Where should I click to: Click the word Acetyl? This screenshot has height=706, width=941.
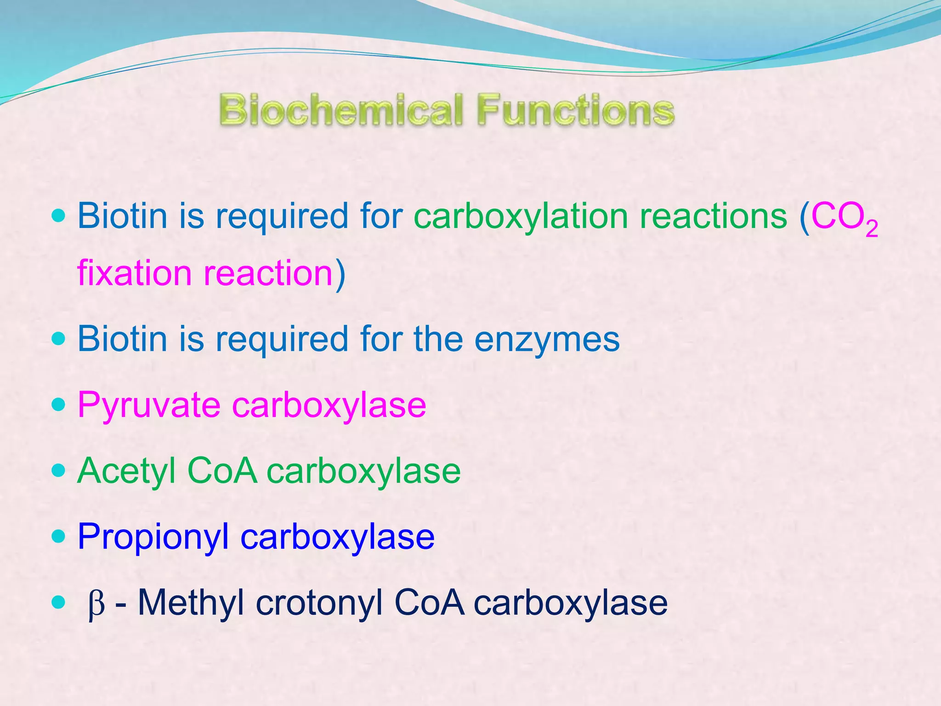(126, 472)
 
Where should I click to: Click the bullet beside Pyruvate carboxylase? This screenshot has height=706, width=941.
(59, 405)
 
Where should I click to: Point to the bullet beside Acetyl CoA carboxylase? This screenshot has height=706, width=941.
(59, 471)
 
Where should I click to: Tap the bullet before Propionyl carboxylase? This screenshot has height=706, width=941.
(59, 536)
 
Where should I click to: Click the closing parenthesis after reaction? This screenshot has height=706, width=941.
(340, 274)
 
